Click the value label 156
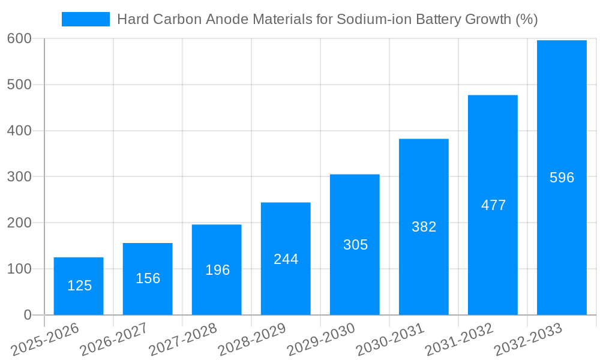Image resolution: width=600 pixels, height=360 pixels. point(148,278)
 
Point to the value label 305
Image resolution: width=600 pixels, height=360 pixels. point(355,245)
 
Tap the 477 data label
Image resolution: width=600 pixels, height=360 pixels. point(493,205)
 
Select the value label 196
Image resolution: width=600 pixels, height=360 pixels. point(217,270)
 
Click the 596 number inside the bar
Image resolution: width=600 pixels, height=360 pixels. point(562,178)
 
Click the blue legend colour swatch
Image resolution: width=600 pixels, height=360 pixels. point(86,19)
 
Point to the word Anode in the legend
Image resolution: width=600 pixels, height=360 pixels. point(223,19)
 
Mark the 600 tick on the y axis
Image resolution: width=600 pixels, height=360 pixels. point(19,38)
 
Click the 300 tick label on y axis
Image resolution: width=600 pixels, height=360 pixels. point(19,176)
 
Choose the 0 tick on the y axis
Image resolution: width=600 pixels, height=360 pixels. point(28,315)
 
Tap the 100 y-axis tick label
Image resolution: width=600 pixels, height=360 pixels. point(19,269)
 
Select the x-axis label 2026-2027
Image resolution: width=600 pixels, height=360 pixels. point(114,340)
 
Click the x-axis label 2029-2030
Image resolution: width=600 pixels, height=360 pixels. point(321,340)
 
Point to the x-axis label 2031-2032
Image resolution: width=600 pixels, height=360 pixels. point(459,340)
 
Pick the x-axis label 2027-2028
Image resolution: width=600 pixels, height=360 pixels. point(183,340)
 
